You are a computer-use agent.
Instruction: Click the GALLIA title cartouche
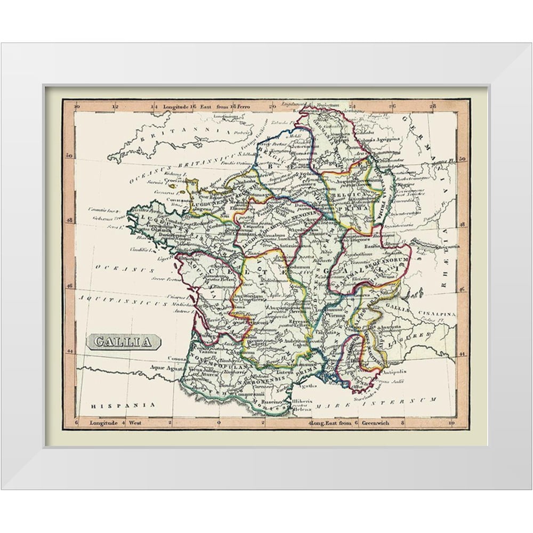click(124, 342)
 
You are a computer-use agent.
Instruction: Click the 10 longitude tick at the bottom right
click(451, 423)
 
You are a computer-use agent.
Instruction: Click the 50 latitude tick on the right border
click(462, 159)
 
